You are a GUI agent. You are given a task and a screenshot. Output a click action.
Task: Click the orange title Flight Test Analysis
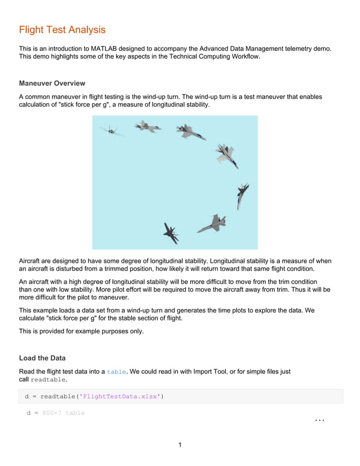tap(62, 30)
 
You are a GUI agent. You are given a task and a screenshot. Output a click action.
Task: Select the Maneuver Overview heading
tap(52, 83)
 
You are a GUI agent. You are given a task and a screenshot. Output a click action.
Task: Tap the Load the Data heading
tap(42, 358)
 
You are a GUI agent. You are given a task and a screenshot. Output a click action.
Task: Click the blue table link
tap(117, 372)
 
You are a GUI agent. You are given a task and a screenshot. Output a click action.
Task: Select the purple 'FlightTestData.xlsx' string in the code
tap(120, 396)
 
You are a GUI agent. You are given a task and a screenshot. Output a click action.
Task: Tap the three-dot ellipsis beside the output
tap(319, 420)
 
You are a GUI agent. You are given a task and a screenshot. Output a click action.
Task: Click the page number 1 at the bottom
tap(180, 445)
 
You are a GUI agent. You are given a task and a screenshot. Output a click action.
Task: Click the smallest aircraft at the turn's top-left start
tap(111, 131)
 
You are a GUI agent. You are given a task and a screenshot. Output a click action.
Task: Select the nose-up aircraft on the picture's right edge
tap(242, 195)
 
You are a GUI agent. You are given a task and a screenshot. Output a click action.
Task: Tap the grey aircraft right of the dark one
tap(212, 223)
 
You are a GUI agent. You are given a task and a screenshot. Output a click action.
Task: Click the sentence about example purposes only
tap(81, 331)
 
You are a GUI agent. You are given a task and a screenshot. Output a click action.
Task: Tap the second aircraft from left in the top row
tap(147, 127)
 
